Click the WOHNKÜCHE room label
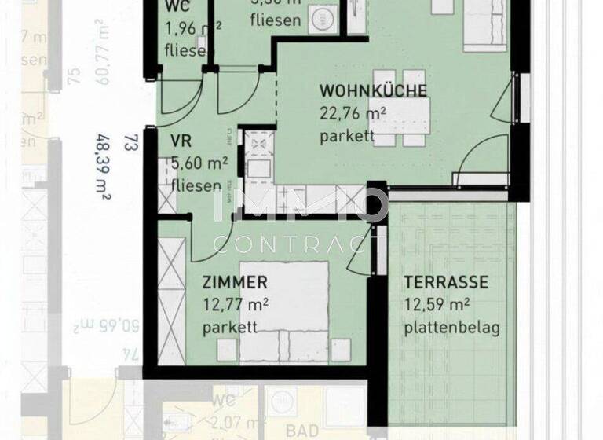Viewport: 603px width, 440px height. [x=373, y=90]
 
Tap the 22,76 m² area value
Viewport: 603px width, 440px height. [x=353, y=114]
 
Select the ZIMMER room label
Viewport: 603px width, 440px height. [x=235, y=282]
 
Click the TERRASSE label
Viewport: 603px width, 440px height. [x=446, y=282]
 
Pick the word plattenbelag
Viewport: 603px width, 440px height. [x=451, y=328]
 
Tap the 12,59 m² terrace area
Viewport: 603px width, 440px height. [x=437, y=305]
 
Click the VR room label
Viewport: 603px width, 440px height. [x=181, y=144]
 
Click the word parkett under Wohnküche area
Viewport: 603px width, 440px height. [x=347, y=137]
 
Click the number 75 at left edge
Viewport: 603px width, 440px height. [x=75, y=76]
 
